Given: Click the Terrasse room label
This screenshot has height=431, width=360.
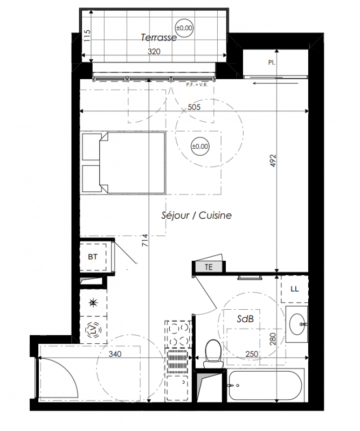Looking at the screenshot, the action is (158, 37).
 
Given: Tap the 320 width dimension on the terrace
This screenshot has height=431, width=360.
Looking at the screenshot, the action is (154, 51).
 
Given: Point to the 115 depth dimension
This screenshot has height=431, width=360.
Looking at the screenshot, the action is (87, 36).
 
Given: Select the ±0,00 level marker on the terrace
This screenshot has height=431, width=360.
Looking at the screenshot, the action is (184, 28).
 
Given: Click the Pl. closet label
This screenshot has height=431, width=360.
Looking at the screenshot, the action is (272, 62).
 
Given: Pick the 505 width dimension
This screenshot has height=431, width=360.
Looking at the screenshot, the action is (194, 107).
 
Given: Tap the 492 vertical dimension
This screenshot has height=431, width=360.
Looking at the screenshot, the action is (273, 161).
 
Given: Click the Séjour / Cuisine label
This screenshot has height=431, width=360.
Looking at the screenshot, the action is (196, 215).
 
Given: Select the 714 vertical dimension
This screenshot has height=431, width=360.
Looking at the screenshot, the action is (145, 240).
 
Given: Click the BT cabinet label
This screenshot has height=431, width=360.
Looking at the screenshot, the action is (93, 257).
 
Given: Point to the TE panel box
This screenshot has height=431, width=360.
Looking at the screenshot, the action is (209, 267).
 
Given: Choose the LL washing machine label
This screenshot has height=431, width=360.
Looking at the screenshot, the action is (295, 289).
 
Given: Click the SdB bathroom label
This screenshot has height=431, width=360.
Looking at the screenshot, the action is (245, 319).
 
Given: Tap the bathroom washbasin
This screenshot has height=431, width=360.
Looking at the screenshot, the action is (297, 324).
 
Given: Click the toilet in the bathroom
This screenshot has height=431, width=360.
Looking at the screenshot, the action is (213, 354).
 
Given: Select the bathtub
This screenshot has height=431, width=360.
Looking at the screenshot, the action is (266, 385).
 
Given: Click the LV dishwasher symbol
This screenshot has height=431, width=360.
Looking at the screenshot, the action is (94, 329).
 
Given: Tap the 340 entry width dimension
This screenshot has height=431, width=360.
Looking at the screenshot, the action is (115, 354).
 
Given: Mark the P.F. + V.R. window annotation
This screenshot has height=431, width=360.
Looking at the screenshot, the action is (197, 85).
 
